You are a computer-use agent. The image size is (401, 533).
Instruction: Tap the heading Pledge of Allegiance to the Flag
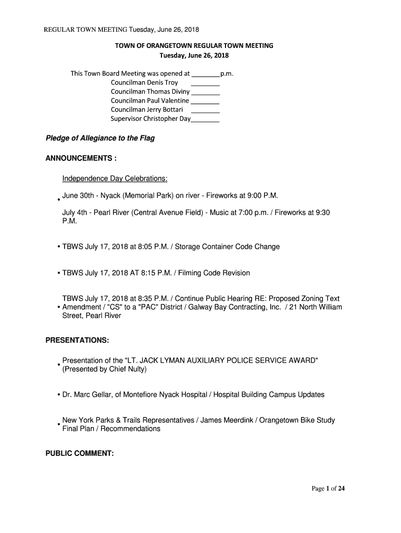(100, 138)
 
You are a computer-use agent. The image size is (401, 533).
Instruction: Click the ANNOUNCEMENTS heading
(81, 158)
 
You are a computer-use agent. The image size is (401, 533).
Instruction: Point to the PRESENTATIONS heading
(77, 340)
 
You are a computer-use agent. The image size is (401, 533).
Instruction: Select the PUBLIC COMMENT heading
(80, 453)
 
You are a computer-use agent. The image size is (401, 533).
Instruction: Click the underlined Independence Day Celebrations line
(115, 179)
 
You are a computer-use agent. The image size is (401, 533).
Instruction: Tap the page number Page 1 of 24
(328, 488)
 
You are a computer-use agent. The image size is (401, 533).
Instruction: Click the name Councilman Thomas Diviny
(150, 92)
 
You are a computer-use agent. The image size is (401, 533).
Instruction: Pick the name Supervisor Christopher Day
(151, 119)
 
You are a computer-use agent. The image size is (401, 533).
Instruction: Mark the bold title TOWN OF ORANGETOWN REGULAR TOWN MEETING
(194, 46)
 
